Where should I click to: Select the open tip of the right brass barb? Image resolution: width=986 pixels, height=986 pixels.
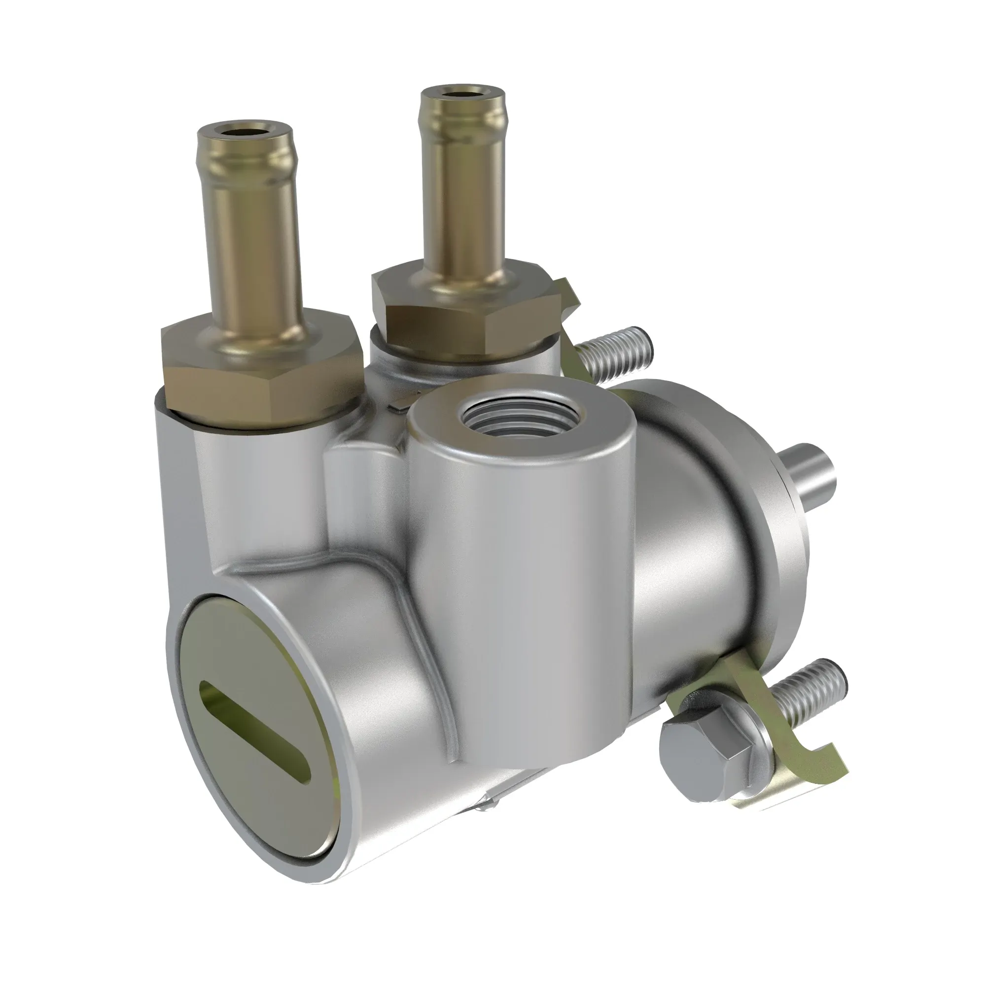click(462, 94)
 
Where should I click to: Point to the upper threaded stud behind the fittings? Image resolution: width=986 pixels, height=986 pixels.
click(615, 357)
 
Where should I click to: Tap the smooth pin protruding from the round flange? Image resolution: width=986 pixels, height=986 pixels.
click(811, 472)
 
